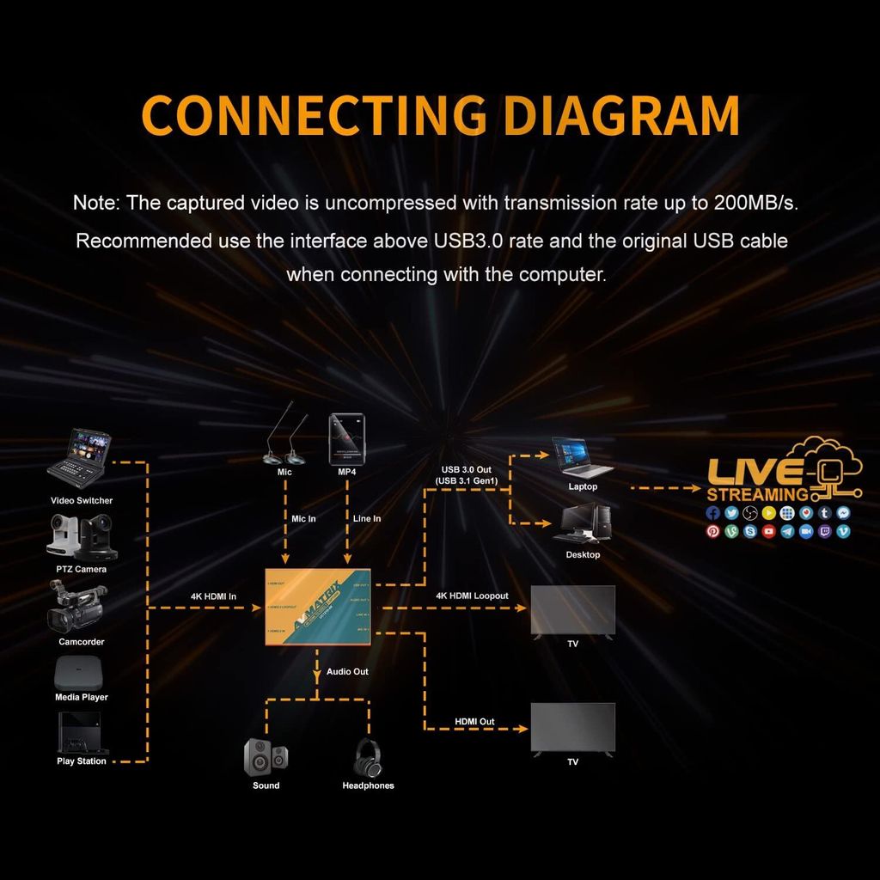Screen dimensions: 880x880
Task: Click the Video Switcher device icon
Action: coord(78,455)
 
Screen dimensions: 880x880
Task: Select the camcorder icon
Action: coord(77,607)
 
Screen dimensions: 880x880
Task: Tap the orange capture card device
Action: coord(317,607)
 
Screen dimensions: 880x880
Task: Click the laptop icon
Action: coord(581,457)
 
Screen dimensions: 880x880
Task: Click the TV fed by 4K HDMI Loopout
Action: coord(572,610)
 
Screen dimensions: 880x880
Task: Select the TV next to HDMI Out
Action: coord(572,729)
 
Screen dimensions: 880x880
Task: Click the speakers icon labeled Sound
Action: coord(266,755)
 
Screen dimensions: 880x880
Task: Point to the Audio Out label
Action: coord(347,671)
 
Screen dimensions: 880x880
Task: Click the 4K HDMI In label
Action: coord(213,596)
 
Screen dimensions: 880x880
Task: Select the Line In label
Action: coord(367,518)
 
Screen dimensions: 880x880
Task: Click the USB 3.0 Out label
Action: coord(466,474)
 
